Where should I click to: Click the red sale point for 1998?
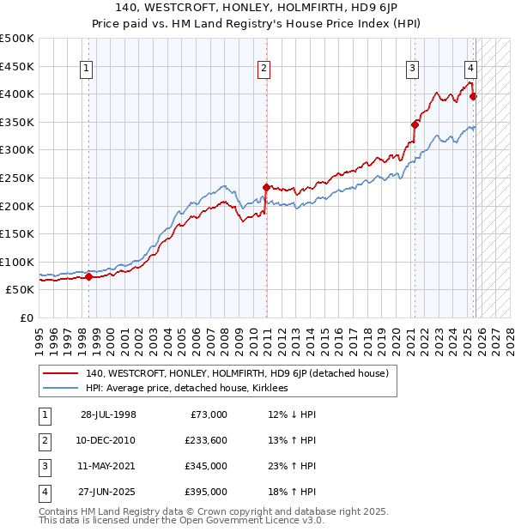tap(89, 276)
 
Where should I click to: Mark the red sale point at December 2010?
tap(266, 186)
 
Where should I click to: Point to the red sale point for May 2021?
tap(415, 124)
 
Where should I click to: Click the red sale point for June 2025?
tap(474, 96)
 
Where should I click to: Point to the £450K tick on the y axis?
tap(17, 66)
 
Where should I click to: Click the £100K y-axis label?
tap(17, 262)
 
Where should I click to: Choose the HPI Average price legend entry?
tap(188, 388)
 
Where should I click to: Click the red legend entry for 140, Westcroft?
tap(237, 373)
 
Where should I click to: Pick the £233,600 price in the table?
tap(205, 440)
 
